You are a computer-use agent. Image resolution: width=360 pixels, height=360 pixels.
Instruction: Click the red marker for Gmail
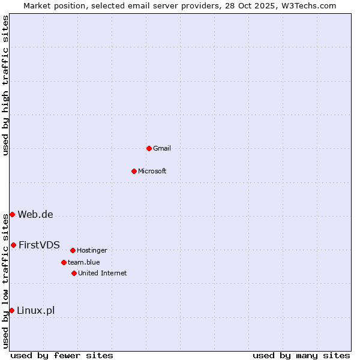click(149, 148)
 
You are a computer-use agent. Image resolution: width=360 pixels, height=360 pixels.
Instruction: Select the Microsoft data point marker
click(134, 171)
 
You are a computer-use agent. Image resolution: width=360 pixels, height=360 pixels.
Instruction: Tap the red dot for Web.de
click(12, 214)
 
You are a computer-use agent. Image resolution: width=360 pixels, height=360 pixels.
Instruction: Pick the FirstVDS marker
click(13, 245)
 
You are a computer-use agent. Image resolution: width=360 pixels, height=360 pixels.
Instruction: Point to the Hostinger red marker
click(73, 250)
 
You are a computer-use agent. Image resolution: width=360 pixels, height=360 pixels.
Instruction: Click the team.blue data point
click(64, 262)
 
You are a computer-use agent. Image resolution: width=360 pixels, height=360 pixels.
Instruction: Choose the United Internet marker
click(74, 273)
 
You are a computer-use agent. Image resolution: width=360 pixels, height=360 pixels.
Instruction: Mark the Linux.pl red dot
click(11, 310)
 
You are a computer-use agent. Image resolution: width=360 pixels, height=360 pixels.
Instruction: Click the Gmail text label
click(162, 148)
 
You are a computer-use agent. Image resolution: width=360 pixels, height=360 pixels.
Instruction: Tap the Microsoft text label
click(152, 171)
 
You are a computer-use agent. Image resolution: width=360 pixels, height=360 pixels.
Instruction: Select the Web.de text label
click(35, 215)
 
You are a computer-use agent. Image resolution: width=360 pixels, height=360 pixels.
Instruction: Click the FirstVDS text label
click(39, 245)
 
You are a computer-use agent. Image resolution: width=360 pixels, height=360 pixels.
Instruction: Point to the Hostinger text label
click(92, 250)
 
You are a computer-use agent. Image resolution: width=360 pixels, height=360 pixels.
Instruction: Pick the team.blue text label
click(84, 262)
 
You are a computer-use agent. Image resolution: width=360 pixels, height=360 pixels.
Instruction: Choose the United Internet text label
click(103, 273)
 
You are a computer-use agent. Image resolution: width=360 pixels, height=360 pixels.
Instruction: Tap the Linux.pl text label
click(35, 310)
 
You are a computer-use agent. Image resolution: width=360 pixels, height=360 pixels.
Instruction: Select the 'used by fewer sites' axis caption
click(62, 355)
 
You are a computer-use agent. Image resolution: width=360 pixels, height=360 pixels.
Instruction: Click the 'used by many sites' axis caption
click(301, 355)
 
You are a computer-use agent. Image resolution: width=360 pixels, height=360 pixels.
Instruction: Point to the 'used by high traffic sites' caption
click(5, 86)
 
